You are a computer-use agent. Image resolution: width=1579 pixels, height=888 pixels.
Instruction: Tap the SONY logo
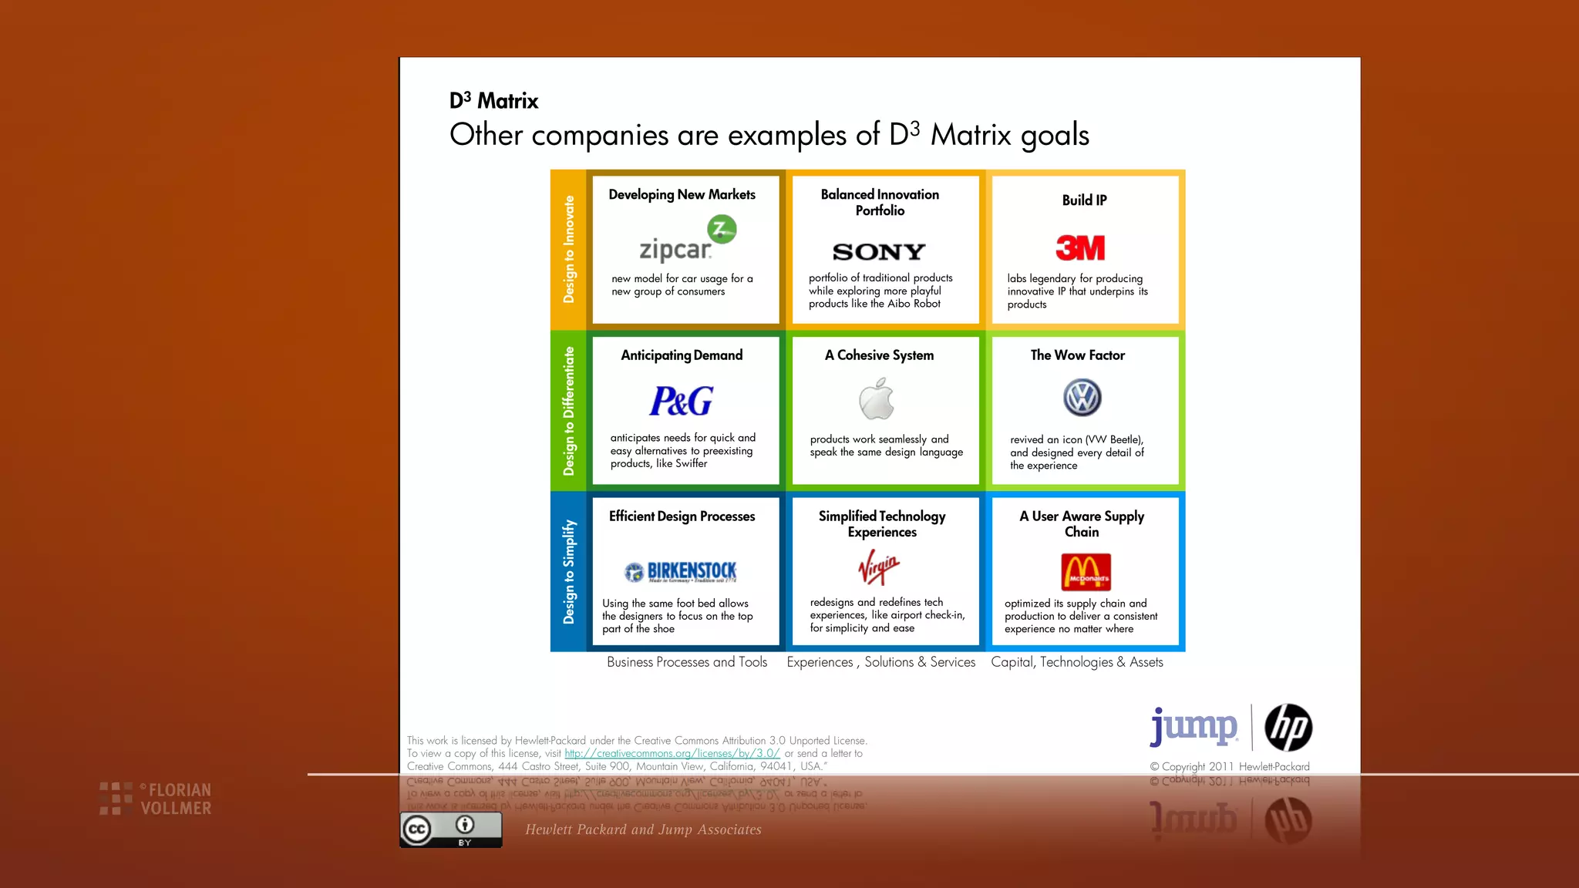pyautogui.click(x=879, y=252)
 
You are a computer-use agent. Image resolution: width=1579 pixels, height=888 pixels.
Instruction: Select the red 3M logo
pyautogui.click(x=1080, y=248)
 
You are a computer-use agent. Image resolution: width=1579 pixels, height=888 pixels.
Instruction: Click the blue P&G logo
pyautogui.click(x=682, y=401)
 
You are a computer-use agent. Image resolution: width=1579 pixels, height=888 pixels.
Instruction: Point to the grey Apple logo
pyautogui.click(x=877, y=399)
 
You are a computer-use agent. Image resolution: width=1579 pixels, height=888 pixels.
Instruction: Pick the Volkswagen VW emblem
pyautogui.click(x=1082, y=398)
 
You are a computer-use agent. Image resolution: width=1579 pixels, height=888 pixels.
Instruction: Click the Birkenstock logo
pyautogui.click(x=681, y=571)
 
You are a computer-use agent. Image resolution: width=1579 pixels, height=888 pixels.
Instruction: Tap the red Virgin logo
pyautogui.click(x=879, y=567)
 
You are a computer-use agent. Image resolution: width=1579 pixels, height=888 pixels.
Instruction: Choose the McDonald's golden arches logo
pyautogui.click(x=1086, y=571)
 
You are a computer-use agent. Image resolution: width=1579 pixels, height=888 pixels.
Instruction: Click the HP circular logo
pyautogui.click(x=1288, y=728)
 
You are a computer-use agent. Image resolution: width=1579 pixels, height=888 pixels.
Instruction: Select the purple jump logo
pyautogui.click(x=1194, y=726)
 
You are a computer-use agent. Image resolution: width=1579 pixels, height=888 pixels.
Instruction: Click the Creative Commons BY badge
pyautogui.click(x=451, y=830)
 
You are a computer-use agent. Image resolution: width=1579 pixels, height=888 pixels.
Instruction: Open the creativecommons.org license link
pyautogui.click(x=672, y=753)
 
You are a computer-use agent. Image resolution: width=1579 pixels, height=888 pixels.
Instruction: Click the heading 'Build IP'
pyautogui.click(x=1084, y=200)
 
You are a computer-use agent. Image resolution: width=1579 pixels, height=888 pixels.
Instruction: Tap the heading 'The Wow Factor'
pyautogui.click(x=1077, y=355)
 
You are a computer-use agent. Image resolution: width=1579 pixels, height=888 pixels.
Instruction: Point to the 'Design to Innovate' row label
pyautogui.click(x=569, y=249)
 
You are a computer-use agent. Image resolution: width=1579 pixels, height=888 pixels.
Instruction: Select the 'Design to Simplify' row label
pyautogui.click(x=569, y=571)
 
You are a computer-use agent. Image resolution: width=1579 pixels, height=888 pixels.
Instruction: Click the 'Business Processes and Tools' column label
pyautogui.click(x=686, y=662)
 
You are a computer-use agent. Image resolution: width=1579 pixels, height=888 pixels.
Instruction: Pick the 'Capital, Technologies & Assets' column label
pyautogui.click(x=1076, y=662)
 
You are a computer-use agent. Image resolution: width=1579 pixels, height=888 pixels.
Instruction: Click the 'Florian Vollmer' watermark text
pyautogui.click(x=175, y=799)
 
